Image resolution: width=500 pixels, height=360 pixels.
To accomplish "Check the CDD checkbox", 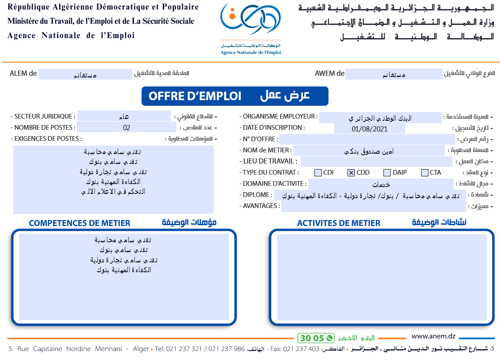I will coord(351,173).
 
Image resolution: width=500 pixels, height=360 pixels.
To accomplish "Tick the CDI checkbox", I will coord(318,173).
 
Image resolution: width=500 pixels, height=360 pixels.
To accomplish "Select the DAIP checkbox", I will coord(387,173).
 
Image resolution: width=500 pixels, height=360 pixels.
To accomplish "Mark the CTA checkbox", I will coord(425,173).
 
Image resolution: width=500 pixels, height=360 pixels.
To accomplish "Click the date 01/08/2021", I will coord(369,128).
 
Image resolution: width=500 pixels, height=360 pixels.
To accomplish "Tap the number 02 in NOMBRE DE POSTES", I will coord(126,128).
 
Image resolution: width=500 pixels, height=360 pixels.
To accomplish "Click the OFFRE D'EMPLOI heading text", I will coord(195,96).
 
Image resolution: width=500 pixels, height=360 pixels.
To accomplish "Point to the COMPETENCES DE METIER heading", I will coord(79,223).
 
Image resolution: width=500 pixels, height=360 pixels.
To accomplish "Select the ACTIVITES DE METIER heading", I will coord(338,223).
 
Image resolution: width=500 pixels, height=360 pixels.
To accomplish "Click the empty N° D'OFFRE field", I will coord(367,139).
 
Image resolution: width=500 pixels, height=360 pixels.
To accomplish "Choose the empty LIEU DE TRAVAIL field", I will coord(376,161).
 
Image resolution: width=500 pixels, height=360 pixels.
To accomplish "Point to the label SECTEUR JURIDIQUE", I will coord(44,116).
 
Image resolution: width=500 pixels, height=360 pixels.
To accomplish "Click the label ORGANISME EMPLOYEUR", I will coord(280,116).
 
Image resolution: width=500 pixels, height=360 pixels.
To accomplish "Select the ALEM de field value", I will coord(85,74).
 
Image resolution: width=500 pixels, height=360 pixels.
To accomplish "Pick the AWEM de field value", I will coord(394,74).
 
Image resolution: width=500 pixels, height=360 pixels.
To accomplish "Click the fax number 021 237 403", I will coord(301,349).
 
